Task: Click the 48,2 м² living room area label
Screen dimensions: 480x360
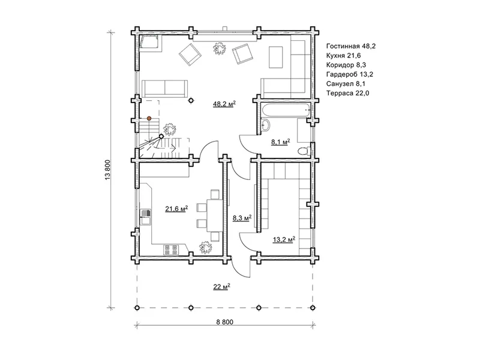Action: point(224,104)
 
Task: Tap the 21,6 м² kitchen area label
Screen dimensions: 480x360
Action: point(176,209)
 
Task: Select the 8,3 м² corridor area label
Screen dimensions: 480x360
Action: point(242,218)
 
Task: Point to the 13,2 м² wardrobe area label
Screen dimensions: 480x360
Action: point(284,239)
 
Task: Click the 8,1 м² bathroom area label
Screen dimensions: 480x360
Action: point(280,142)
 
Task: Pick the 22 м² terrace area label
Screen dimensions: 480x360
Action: point(221,287)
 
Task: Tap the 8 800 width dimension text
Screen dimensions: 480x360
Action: point(224,322)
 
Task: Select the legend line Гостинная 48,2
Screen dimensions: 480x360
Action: point(351,46)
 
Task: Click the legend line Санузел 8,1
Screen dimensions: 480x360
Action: point(346,83)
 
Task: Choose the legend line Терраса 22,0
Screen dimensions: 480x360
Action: point(348,93)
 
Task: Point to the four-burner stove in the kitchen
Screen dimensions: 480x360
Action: point(171,250)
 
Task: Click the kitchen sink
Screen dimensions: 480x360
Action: point(145,217)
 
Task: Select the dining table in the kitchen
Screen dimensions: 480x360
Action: point(215,215)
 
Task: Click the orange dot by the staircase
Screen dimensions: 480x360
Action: point(149,118)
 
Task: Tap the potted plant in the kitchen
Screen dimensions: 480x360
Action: point(205,247)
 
